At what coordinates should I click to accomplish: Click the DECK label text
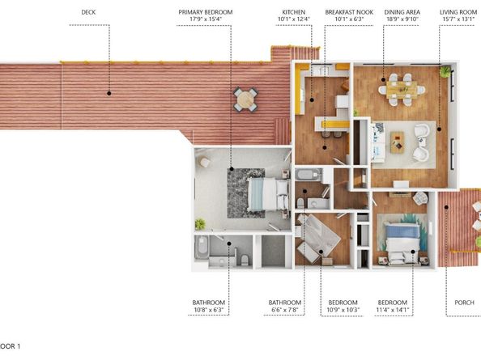pos(89,12)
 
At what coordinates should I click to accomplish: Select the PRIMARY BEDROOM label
pos(206,12)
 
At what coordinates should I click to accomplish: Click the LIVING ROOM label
pos(457,12)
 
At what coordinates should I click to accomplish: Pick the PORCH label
pos(464,303)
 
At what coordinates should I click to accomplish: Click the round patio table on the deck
pos(246,100)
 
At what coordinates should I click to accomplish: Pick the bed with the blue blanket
pos(402,240)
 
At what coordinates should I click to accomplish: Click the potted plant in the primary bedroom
pos(200,223)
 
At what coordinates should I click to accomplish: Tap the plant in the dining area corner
pos(445,72)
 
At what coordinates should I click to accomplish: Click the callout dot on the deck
pos(109,93)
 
